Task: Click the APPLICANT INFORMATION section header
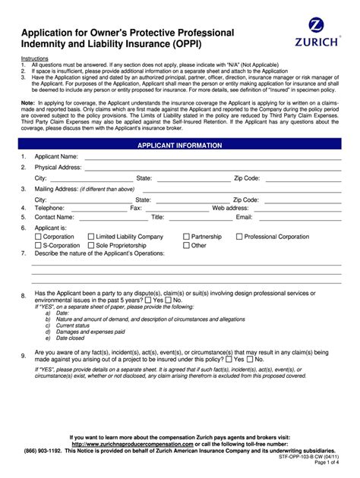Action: (x=179, y=144)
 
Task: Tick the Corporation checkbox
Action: (x=39, y=237)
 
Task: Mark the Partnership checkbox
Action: (x=187, y=237)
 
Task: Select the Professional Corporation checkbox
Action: (x=239, y=237)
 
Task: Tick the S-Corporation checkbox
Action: (x=39, y=246)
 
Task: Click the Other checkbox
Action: (x=187, y=246)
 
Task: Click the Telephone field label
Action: (x=49, y=207)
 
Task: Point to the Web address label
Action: (x=230, y=207)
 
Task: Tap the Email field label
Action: (x=244, y=216)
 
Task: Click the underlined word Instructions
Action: (x=34, y=58)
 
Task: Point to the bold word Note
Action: (x=27, y=102)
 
